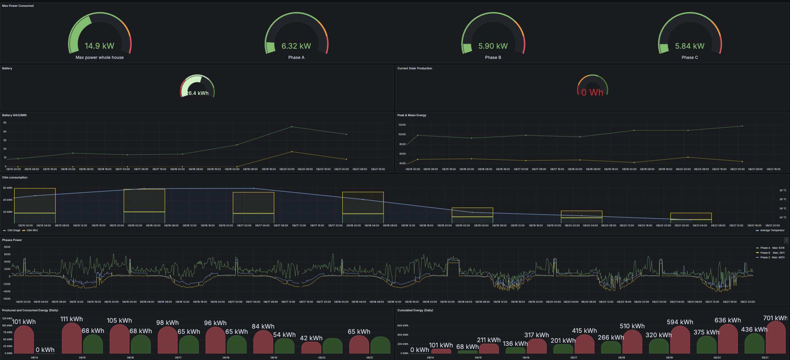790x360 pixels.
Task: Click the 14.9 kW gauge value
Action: [x=99, y=46]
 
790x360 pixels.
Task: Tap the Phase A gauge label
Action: [x=296, y=57]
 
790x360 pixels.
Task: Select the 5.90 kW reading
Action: [x=493, y=46]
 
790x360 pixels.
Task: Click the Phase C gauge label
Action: [x=689, y=57]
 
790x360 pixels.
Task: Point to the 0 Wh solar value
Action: [x=592, y=92]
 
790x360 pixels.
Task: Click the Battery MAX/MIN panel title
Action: [x=14, y=115]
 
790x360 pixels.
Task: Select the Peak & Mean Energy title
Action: [x=412, y=115]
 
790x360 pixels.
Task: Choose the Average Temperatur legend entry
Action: [x=772, y=230]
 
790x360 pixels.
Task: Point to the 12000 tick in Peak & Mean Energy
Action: [x=402, y=125]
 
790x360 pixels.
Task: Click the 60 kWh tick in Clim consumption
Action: [x=8, y=188]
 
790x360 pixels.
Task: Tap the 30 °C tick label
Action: [x=783, y=190]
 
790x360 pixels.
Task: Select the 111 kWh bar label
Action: [x=72, y=319]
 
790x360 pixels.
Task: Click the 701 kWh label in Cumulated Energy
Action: [x=775, y=318]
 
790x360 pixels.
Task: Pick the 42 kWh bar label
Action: [x=311, y=338]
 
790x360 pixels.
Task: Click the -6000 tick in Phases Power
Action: [x=6, y=299]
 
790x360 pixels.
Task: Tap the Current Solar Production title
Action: [x=414, y=68]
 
